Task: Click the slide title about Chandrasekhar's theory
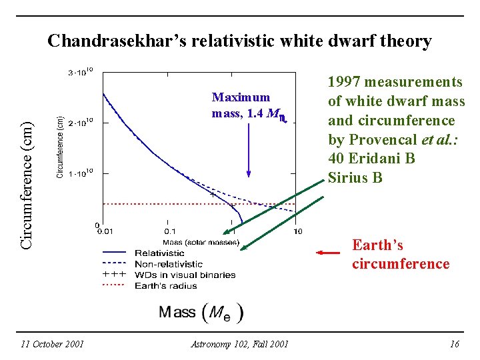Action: tap(239, 41)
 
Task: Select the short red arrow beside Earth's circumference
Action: tap(328, 253)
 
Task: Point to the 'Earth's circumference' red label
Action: tap(400, 255)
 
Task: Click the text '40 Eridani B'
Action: tap(371, 159)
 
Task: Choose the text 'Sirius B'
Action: tap(355, 177)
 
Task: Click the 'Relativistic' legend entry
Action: tap(159, 253)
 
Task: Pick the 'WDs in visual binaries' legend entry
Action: tap(185, 275)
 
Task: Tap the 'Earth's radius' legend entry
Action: tap(165, 285)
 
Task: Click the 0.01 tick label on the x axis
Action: tap(105, 231)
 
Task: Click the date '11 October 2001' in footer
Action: tap(52, 344)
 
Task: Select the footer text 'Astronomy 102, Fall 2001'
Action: tap(239, 344)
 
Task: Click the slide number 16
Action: tap(455, 344)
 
